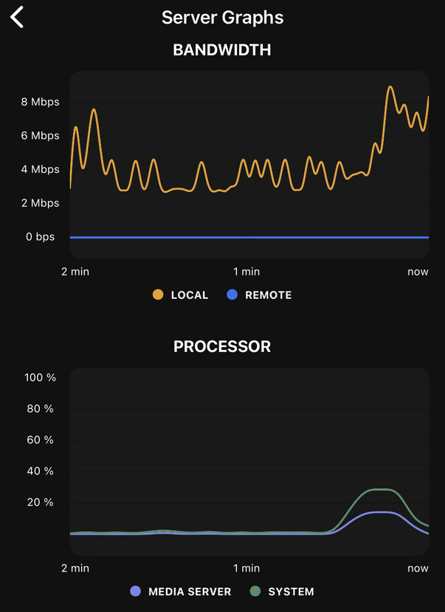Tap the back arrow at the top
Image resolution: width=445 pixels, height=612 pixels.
pos(17,17)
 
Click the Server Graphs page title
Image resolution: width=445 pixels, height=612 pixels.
pos(222,18)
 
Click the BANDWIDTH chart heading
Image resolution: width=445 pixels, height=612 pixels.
pos(222,50)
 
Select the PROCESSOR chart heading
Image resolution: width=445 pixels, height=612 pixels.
pos(222,346)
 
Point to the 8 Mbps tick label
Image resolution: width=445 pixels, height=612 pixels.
pos(41,102)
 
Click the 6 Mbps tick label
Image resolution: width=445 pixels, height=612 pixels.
pos(41,136)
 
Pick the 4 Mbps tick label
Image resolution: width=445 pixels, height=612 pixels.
pos(41,170)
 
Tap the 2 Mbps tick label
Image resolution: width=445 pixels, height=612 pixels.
pos(41,203)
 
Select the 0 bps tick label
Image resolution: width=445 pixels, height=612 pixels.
pos(41,237)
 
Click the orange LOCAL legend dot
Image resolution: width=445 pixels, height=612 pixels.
pos(158,295)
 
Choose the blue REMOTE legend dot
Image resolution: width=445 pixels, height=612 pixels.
pos(232,295)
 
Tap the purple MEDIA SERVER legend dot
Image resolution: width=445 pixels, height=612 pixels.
pos(135,591)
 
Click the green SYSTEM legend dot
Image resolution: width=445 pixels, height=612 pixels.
pos(255,591)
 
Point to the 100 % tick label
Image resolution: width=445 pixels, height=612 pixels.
pos(41,377)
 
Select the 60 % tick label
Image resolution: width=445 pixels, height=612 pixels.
pos(41,440)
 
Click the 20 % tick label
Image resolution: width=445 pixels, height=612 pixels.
pos(41,503)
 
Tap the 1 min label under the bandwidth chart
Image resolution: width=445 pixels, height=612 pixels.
pos(246,272)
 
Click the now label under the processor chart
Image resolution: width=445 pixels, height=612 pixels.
pos(418,568)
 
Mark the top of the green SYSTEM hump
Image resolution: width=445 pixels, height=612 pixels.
pos(382,489)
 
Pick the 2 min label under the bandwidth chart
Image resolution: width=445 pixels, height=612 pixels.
pos(75,272)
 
